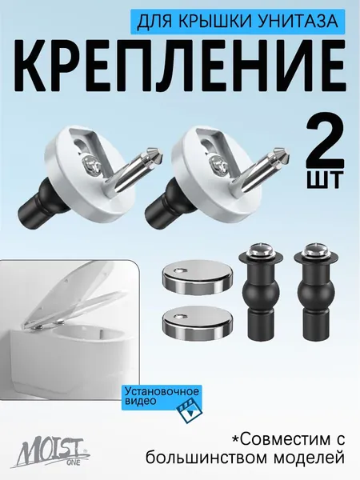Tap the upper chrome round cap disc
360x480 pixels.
[x=198, y=278]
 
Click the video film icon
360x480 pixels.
[x=190, y=413]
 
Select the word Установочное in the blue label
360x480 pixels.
[x=162, y=392]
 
